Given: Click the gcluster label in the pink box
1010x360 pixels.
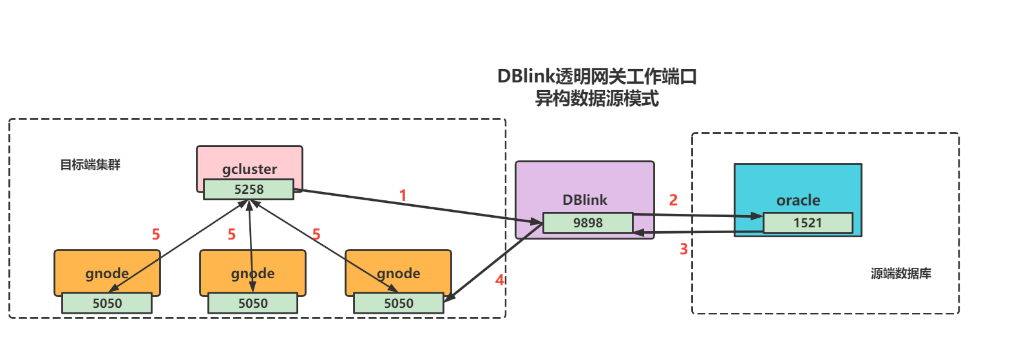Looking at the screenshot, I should point(249,169).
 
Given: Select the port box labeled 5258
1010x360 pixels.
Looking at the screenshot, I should point(249,189).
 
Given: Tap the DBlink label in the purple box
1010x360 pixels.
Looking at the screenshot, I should point(584,200).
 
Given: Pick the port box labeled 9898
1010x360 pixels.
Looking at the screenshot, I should point(588,223).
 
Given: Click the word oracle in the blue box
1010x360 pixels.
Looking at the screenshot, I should point(798,200).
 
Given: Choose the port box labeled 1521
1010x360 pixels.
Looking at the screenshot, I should point(808,223).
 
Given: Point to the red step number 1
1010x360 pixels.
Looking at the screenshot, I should point(403,195).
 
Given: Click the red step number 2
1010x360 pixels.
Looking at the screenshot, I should point(673,200).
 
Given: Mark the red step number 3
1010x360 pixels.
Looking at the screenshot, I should point(683,249).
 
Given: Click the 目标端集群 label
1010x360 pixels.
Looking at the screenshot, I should point(90,165).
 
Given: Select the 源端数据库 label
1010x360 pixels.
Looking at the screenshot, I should point(900,274).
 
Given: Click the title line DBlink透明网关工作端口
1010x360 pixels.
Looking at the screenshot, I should point(597,76).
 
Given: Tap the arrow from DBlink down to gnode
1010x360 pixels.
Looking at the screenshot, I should point(493,264).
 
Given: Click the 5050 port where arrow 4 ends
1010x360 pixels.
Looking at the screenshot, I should point(399,303).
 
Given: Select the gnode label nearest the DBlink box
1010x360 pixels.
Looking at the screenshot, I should point(398,274).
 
